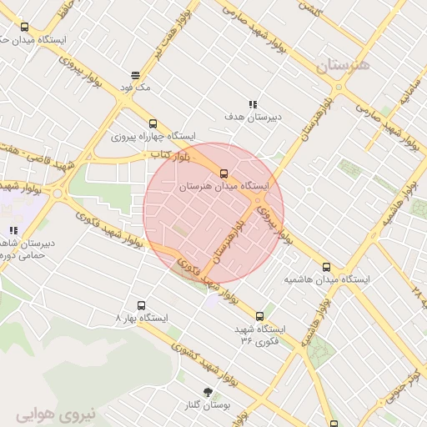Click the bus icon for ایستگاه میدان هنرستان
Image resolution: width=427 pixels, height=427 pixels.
[223, 173]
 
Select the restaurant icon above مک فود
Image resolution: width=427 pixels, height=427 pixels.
[135, 74]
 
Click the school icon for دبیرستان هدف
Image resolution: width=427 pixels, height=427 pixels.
[253, 104]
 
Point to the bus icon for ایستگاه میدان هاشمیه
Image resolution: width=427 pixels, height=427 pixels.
[326, 268]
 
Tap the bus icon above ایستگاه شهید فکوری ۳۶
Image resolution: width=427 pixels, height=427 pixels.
[260, 316]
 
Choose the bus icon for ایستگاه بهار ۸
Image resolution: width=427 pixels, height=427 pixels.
[141, 305]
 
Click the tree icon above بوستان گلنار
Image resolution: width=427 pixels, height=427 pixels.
[208, 391]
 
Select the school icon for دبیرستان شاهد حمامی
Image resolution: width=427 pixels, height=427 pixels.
[13, 230]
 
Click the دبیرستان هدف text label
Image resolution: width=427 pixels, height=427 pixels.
[253, 118]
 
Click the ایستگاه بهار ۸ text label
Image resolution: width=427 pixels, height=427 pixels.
[142, 319]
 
